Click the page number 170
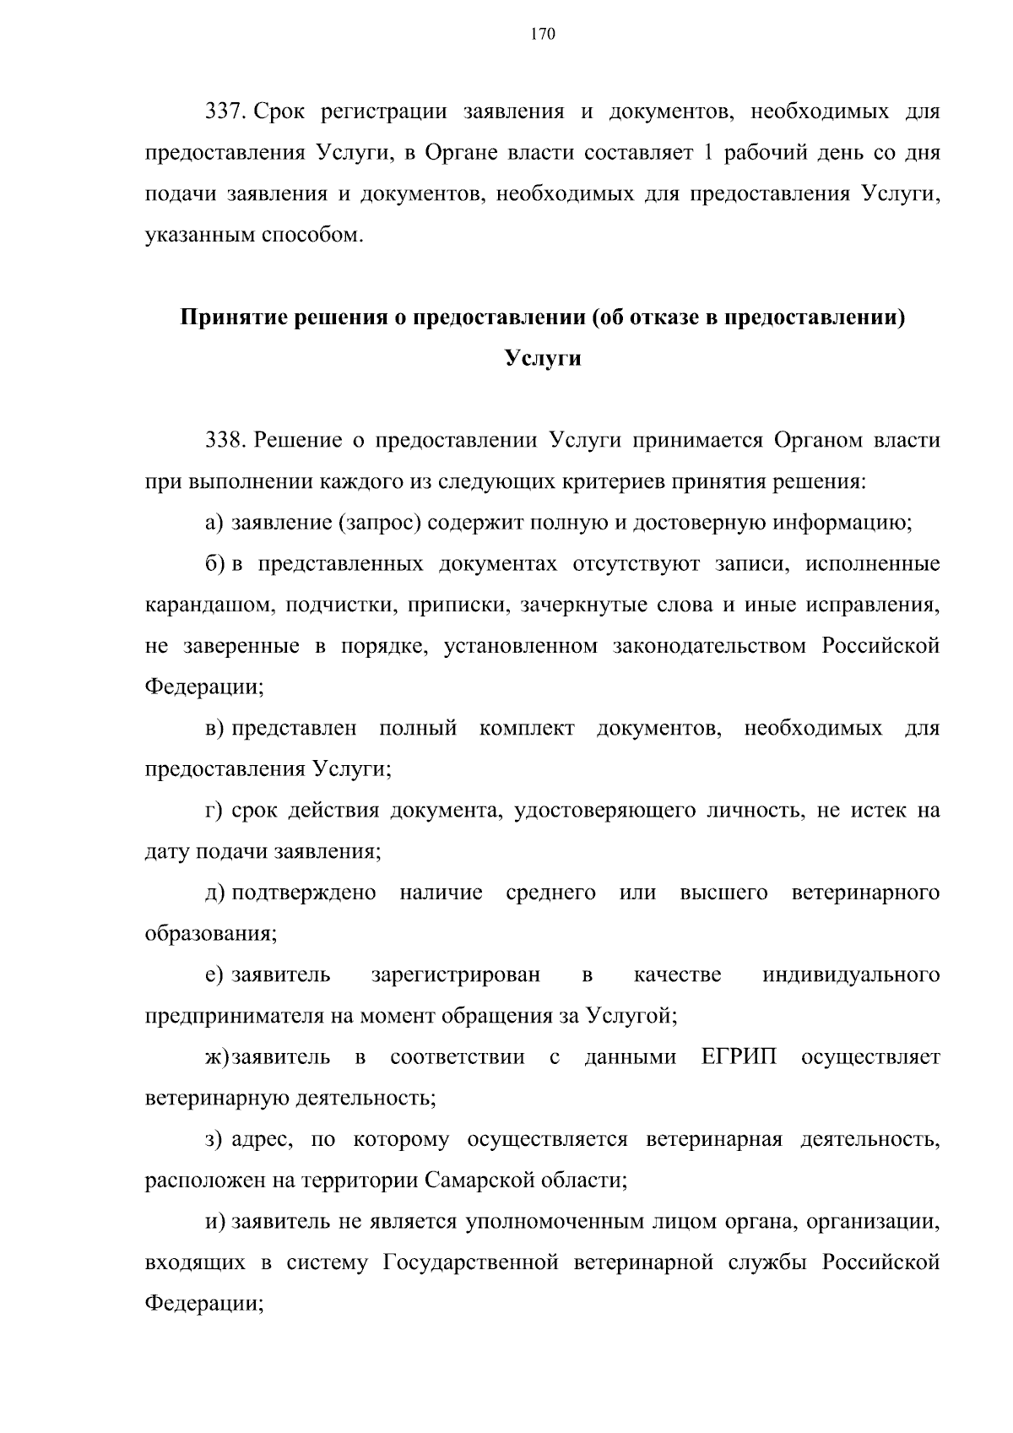click(x=543, y=35)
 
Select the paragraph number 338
click(x=225, y=441)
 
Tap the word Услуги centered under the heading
click(x=543, y=359)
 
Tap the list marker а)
click(x=214, y=524)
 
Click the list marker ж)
click(x=217, y=1057)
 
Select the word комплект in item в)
click(x=527, y=729)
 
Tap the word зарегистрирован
click(x=455, y=975)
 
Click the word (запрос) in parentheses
click(x=379, y=524)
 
